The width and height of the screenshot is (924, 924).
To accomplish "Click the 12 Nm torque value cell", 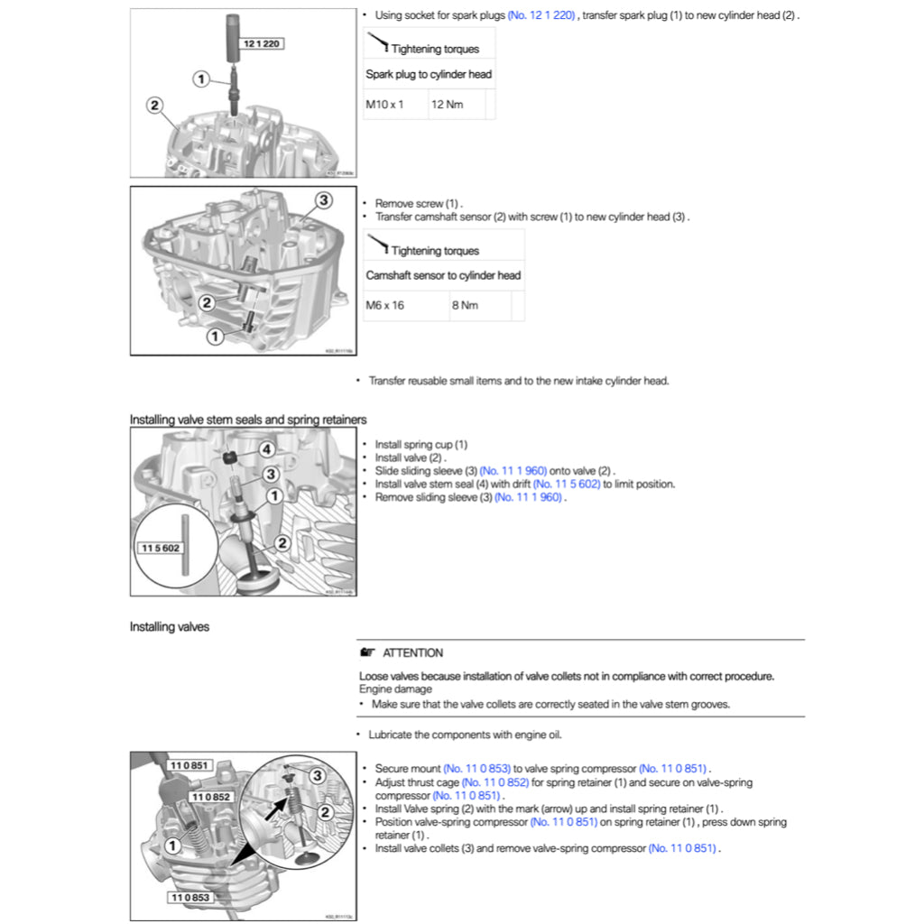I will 448,105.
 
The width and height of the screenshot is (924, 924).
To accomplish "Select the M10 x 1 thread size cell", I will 384,105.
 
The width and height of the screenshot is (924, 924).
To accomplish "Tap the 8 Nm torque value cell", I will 465,306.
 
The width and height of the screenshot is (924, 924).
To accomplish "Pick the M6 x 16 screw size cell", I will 385,306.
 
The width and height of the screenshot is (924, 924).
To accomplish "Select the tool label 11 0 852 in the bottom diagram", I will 211,797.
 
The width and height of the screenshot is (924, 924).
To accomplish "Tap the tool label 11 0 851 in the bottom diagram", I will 189,765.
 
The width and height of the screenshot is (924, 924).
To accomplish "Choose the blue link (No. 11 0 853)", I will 476,769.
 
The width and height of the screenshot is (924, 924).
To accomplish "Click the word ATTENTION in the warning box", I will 412,652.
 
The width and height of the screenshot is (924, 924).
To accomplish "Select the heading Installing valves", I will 169,626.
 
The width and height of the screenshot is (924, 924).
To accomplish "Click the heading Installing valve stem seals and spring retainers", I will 248,420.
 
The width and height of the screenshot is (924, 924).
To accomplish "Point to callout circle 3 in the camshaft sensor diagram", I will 323,199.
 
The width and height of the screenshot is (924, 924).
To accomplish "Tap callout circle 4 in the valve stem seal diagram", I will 266,448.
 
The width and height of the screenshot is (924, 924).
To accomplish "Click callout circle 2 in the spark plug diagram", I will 154,106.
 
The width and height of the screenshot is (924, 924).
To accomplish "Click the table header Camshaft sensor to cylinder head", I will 443,275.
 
